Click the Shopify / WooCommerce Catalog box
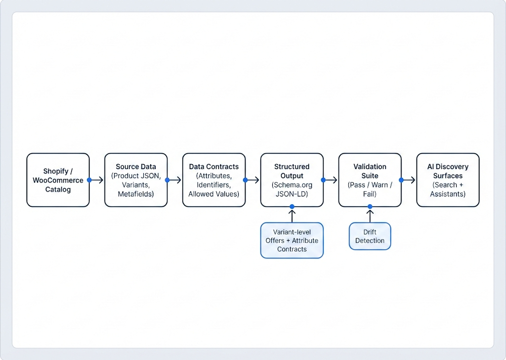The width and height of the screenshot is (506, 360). coord(58,180)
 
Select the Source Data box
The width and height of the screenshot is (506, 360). coord(136,180)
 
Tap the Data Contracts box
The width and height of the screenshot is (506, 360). coord(214,180)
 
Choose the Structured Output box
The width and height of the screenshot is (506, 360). coord(292,180)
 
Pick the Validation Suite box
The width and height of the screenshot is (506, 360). coord(370,180)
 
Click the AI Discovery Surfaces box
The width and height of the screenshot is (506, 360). coord(448,180)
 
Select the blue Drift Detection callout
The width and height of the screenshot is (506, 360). coord(370,236)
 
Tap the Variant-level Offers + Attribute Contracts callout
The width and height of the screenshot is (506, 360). coord(292,240)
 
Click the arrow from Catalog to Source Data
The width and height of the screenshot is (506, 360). coord(97,180)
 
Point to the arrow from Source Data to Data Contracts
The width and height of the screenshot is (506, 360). coord(175,180)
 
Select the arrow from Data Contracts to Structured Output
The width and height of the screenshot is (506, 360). coord(253,180)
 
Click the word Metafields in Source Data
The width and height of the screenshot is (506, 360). coord(136,194)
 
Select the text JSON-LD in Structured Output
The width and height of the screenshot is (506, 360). coord(292,194)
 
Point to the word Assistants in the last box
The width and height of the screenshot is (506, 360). coord(448,194)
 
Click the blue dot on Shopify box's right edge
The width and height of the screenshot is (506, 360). coord(89,180)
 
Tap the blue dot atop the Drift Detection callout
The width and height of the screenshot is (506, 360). coord(370,206)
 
